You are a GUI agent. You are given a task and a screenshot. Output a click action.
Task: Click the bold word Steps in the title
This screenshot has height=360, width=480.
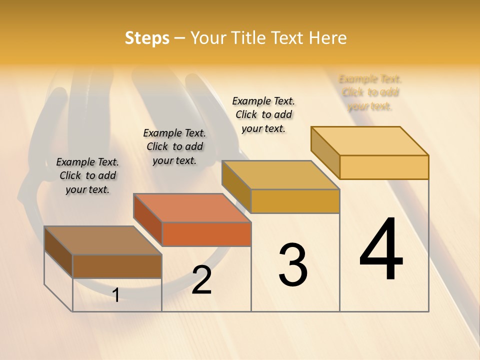147,38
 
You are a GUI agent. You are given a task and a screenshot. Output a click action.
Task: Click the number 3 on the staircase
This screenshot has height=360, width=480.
293,264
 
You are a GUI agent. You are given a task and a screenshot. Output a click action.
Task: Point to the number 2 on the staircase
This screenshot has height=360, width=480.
202,280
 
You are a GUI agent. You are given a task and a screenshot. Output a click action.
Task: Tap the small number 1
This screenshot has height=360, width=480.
116,295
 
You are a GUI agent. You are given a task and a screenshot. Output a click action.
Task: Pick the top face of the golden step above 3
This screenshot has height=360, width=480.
280,175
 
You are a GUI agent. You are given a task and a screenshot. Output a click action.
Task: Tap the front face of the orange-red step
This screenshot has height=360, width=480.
206,234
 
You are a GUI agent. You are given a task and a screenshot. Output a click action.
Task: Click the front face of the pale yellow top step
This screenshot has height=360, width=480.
384,167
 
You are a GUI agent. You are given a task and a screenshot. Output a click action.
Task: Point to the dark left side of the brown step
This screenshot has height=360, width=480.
58,251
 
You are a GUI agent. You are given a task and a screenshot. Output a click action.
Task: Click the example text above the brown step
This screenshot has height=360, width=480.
87,175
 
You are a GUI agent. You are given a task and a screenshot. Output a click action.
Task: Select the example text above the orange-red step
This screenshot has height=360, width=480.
174,146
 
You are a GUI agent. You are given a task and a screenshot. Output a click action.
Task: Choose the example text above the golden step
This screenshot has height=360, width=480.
263,114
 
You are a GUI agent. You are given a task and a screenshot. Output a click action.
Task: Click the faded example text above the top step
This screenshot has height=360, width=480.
370,92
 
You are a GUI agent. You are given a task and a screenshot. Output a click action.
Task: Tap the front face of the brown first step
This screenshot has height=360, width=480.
117,266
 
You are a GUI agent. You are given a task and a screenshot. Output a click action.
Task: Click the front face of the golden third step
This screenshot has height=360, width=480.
295,201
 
